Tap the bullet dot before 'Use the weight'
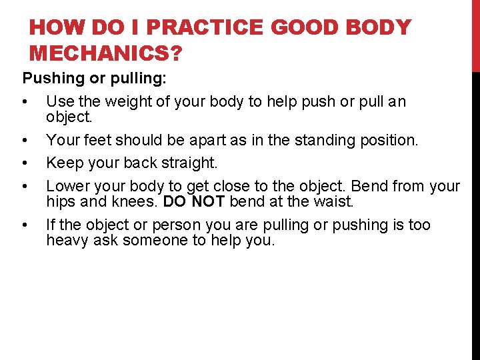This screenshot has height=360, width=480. click(24, 103)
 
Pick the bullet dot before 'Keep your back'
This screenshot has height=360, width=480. click(24, 163)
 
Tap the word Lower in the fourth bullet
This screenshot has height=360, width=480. click(65, 185)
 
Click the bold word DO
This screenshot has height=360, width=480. click(174, 201)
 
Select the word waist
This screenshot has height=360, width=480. click(333, 201)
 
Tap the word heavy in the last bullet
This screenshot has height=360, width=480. click(65, 240)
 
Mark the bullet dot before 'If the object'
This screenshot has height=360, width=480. click(24, 225)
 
